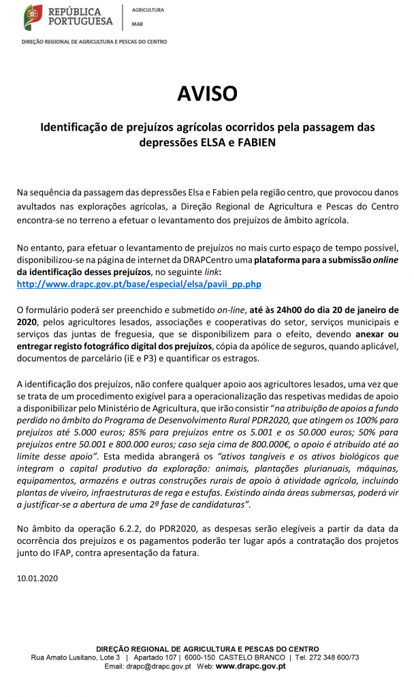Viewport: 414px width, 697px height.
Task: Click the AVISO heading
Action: pyautogui.click(x=207, y=93)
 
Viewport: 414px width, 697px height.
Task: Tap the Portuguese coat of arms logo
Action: pyautogui.click(x=32, y=16)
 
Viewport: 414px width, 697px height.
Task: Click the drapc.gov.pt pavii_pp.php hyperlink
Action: pyautogui.click(x=139, y=284)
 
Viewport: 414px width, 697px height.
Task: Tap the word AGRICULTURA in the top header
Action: pyautogui.click(x=147, y=11)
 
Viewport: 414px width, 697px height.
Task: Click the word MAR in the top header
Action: pyautogui.click(x=137, y=22)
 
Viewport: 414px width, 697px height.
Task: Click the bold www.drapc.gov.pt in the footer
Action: pyautogui.click(x=251, y=666)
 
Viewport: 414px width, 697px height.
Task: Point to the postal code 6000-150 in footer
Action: pyautogui.click(x=202, y=658)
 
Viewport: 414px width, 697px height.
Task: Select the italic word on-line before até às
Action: pyautogui.click(x=234, y=310)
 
